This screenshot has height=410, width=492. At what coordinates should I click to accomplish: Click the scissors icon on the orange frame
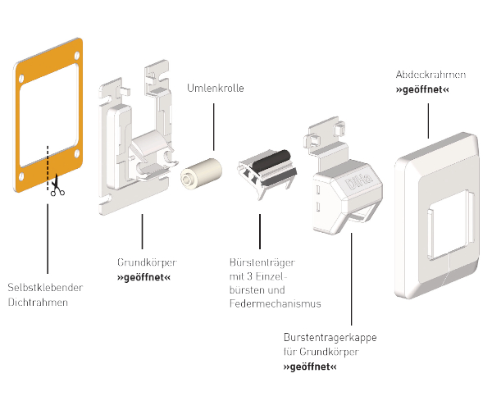57,188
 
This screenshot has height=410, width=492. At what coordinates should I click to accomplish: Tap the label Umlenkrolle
216,88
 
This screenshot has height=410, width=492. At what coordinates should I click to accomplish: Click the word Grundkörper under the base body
147,262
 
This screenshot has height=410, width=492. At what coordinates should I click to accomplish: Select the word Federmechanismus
275,303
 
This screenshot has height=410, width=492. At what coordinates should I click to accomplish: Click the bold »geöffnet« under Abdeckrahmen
422,89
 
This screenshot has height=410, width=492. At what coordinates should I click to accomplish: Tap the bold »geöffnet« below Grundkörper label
144,277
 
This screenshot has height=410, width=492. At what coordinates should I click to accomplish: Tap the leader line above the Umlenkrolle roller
215,123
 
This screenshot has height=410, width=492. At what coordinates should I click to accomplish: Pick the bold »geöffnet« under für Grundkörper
309,367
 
